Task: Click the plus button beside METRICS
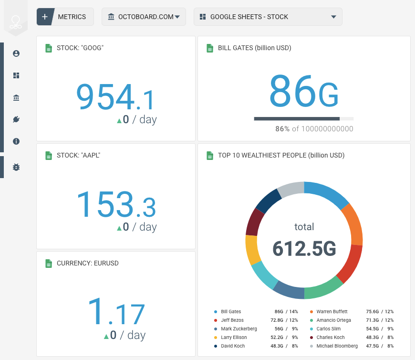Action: pyautogui.click(x=45, y=17)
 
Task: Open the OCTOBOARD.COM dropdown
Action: pyautogui.click(x=144, y=17)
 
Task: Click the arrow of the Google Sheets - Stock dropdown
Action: pyautogui.click(x=333, y=17)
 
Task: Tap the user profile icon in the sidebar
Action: pyautogui.click(x=16, y=53)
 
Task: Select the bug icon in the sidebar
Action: pyautogui.click(x=16, y=167)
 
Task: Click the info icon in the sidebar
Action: pyautogui.click(x=16, y=141)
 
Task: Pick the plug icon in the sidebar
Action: pyautogui.click(x=16, y=119)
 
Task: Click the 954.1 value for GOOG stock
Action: pyautogui.click(x=115, y=96)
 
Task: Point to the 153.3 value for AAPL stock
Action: pyautogui.click(x=116, y=204)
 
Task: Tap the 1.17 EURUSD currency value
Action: pyautogui.click(x=116, y=311)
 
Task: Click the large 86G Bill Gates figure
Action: pyautogui.click(x=304, y=91)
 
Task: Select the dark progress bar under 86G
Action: pyautogui.click(x=297, y=119)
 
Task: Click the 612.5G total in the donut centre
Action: pyautogui.click(x=304, y=248)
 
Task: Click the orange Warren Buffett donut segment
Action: pyautogui.click(x=354, y=223)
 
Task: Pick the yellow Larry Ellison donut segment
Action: pyautogui.click(x=251, y=249)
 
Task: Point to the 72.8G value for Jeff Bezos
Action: pyautogui.click(x=277, y=320)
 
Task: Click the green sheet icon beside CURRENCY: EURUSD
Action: pyautogui.click(x=49, y=263)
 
